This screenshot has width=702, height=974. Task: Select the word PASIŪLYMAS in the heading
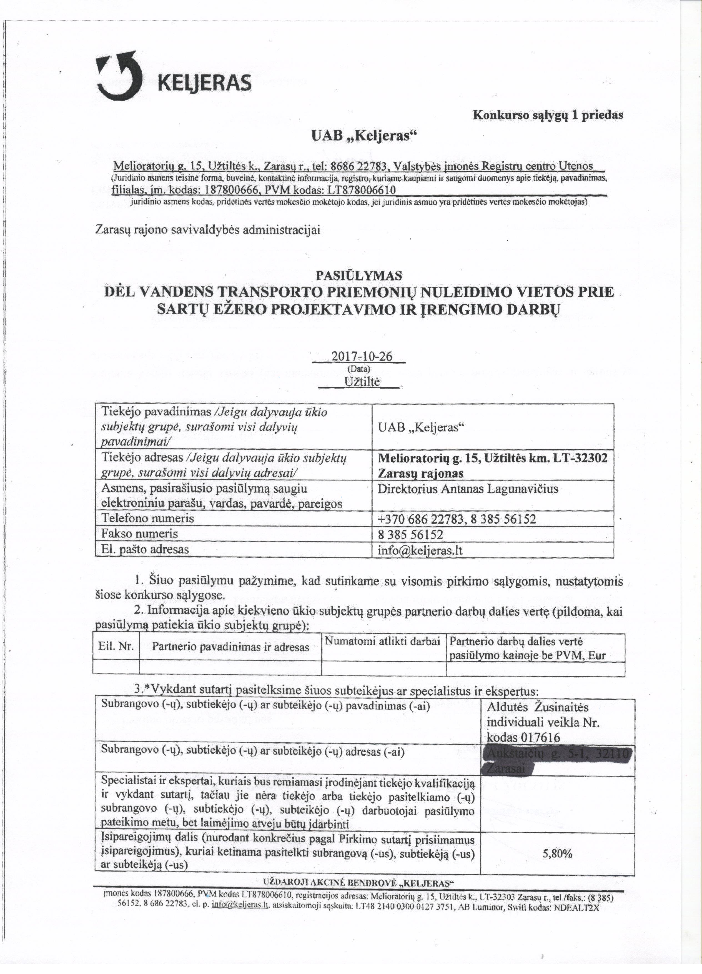click(359, 275)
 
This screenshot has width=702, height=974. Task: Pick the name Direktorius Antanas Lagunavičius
click(468, 489)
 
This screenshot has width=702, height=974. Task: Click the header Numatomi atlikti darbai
click(383, 642)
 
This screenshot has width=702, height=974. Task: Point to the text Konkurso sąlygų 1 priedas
click(547, 115)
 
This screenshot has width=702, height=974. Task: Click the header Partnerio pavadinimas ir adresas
click(230, 647)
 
